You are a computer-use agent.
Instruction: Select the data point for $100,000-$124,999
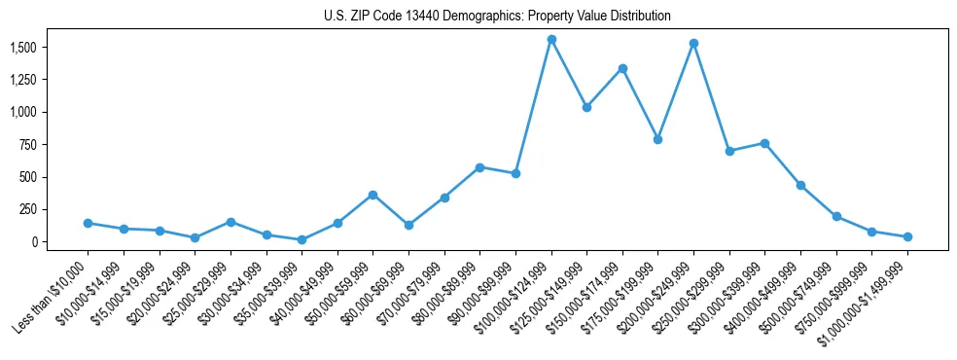tap(551, 40)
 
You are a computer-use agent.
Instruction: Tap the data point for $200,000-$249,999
tap(693, 43)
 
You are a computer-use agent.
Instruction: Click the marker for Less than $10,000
tap(88, 223)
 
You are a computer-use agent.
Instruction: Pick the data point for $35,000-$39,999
tap(301, 239)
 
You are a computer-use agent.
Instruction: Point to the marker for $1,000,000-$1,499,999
tap(907, 236)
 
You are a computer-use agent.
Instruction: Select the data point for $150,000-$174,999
tap(622, 68)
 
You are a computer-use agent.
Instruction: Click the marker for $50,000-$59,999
tap(372, 195)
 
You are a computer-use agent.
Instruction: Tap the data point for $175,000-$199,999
tap(657, 139)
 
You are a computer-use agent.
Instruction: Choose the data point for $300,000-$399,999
tap(764, 143)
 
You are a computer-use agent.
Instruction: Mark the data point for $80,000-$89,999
tap(479, 167)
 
